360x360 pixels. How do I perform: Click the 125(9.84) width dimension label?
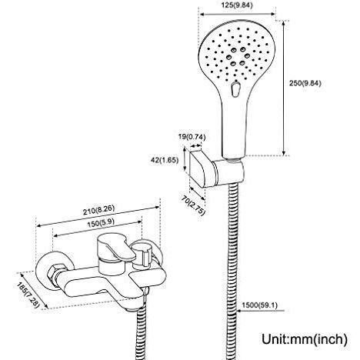(x=237, y=5)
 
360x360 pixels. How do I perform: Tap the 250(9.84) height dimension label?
(x=305, y=83)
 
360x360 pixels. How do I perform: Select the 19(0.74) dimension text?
(x=192, y=137)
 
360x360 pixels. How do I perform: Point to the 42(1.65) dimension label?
(x=165, y=160)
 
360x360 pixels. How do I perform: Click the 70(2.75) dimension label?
(x=193, y=205)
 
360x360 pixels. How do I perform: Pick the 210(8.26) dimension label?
(x=98, y=210)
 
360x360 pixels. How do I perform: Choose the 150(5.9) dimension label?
(x=101, y=223)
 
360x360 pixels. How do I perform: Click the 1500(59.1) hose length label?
(x=260, y=305)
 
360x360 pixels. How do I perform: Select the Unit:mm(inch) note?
(x=305, y=338)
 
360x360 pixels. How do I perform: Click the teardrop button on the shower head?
(x=235, y=89)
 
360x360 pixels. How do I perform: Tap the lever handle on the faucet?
(x=116, y=248)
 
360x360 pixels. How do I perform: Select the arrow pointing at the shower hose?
(x=261, y=311)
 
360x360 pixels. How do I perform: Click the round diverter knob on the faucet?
(x=142, y=252)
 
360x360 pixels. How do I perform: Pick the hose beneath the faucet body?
(x=141, y=333)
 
